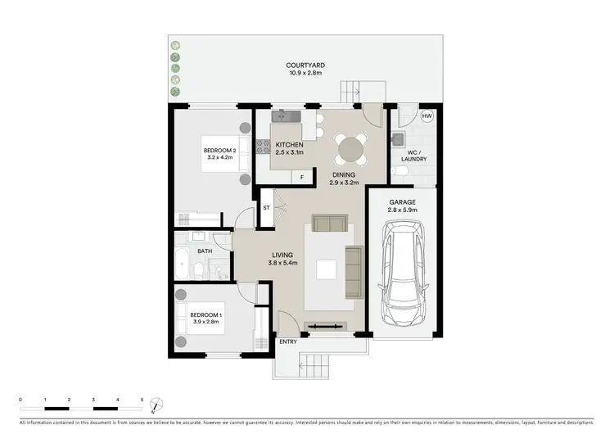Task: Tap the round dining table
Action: click(x=352, y=150)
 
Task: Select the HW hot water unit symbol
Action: click(x=427, y=117)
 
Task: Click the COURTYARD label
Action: click(x=306, y=65)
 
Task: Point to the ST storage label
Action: click(x=266, y=208)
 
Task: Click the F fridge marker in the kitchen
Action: click(x=301, y=177)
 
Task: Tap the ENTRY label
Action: click(x=288, y=341)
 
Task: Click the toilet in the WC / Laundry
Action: click(x=399, y=170)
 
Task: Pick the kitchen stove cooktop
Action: click(x=264, y=147)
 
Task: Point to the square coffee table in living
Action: click(x=327, y=269)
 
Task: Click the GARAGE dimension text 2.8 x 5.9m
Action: click(x=402, y=210)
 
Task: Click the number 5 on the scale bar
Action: click(x=142, y=400)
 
